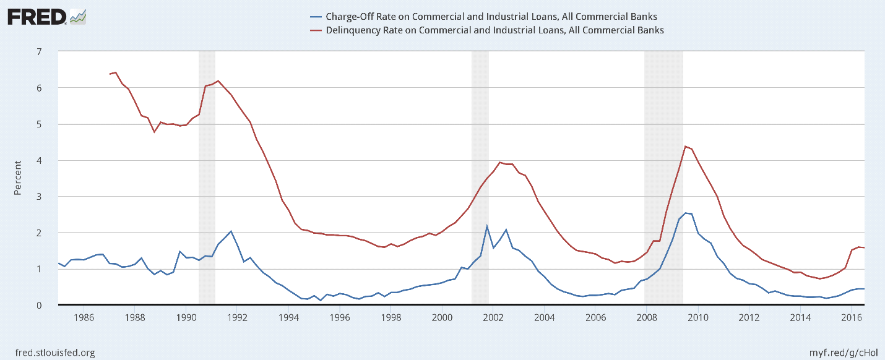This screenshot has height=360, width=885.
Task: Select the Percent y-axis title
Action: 18,178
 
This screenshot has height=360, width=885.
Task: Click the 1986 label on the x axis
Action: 84,318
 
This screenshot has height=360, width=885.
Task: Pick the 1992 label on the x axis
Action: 237,318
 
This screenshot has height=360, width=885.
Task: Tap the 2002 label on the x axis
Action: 493,318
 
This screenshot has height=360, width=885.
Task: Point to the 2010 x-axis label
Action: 698,318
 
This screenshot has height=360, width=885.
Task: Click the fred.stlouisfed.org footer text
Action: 51,353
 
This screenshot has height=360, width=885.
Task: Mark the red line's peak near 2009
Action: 686,147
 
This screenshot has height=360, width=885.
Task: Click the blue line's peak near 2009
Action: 686,213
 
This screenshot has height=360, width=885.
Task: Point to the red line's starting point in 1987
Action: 110,74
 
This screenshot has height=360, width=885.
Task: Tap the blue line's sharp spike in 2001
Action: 487,226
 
